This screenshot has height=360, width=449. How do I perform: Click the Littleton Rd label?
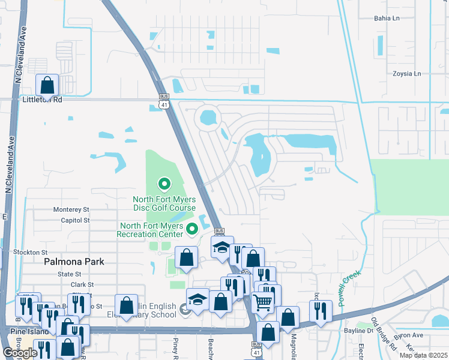click(42, 100)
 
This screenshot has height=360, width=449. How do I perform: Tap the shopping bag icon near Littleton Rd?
click(47, 85)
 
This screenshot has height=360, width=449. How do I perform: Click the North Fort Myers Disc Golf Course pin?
click(163, 183)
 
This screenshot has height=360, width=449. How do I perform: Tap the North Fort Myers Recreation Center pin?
click(192, 228)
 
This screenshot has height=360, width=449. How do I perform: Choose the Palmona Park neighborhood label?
click(74, 262)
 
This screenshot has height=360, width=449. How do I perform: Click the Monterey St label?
click(71, 209)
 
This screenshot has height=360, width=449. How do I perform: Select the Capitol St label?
click(74, 220)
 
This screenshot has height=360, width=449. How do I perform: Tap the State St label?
click(69, 274)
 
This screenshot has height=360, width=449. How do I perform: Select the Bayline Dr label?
click(359, 330)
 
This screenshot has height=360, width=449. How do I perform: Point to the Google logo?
click(20, 353)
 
